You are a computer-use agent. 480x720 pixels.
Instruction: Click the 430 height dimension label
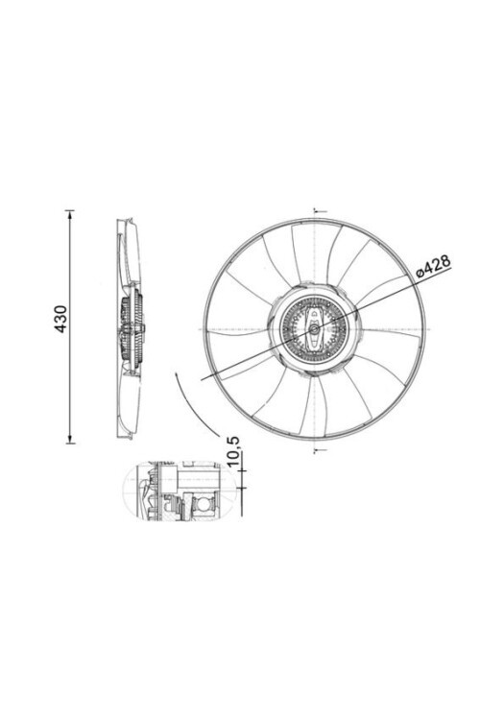click(60, 319)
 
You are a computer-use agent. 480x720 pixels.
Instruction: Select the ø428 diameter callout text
click(433, 266)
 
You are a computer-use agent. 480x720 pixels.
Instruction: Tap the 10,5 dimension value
click(233, 451)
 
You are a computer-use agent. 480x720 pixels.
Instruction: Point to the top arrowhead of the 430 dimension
click(70, 215)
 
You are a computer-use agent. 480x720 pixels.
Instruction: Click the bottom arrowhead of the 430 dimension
click(70, 439)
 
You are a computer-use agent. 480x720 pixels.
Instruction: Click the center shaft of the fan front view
click(314, 328)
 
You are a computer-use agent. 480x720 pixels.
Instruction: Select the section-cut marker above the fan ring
click(320, 211)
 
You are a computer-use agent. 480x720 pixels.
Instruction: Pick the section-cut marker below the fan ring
click(320, 450)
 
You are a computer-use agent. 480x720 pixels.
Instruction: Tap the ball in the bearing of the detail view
click(203, 506)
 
